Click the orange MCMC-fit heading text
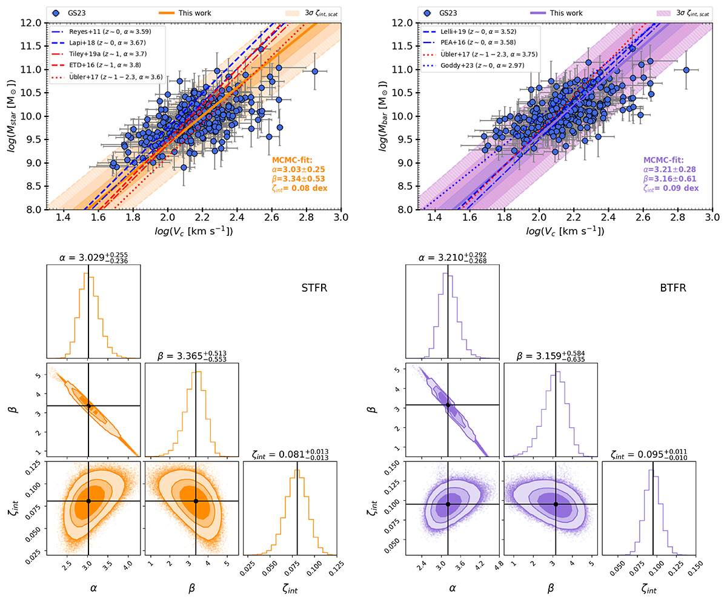tap(290, 160)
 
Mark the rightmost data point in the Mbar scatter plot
tap(686, 70)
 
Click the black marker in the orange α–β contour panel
tap(88, 406)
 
